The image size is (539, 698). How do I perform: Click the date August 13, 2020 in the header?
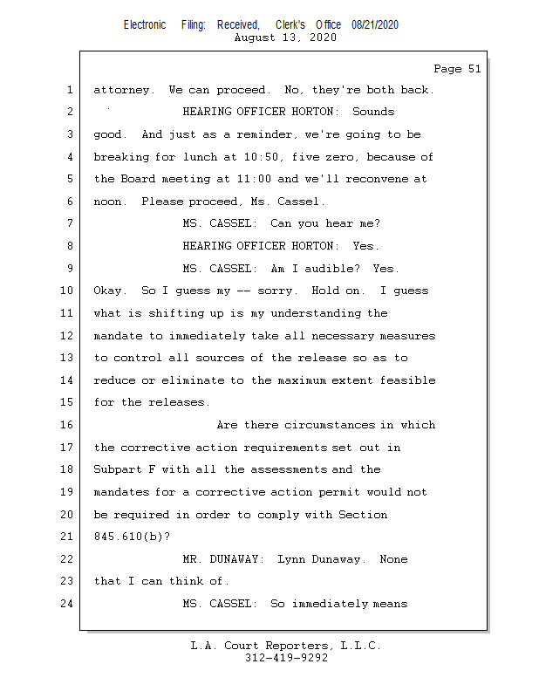286,38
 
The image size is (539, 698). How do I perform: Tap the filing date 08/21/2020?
375,25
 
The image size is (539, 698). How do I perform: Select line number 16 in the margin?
69,425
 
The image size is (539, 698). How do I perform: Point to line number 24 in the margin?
69,603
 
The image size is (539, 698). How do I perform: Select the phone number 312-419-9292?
286,659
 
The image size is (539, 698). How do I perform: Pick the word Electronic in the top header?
145,25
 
